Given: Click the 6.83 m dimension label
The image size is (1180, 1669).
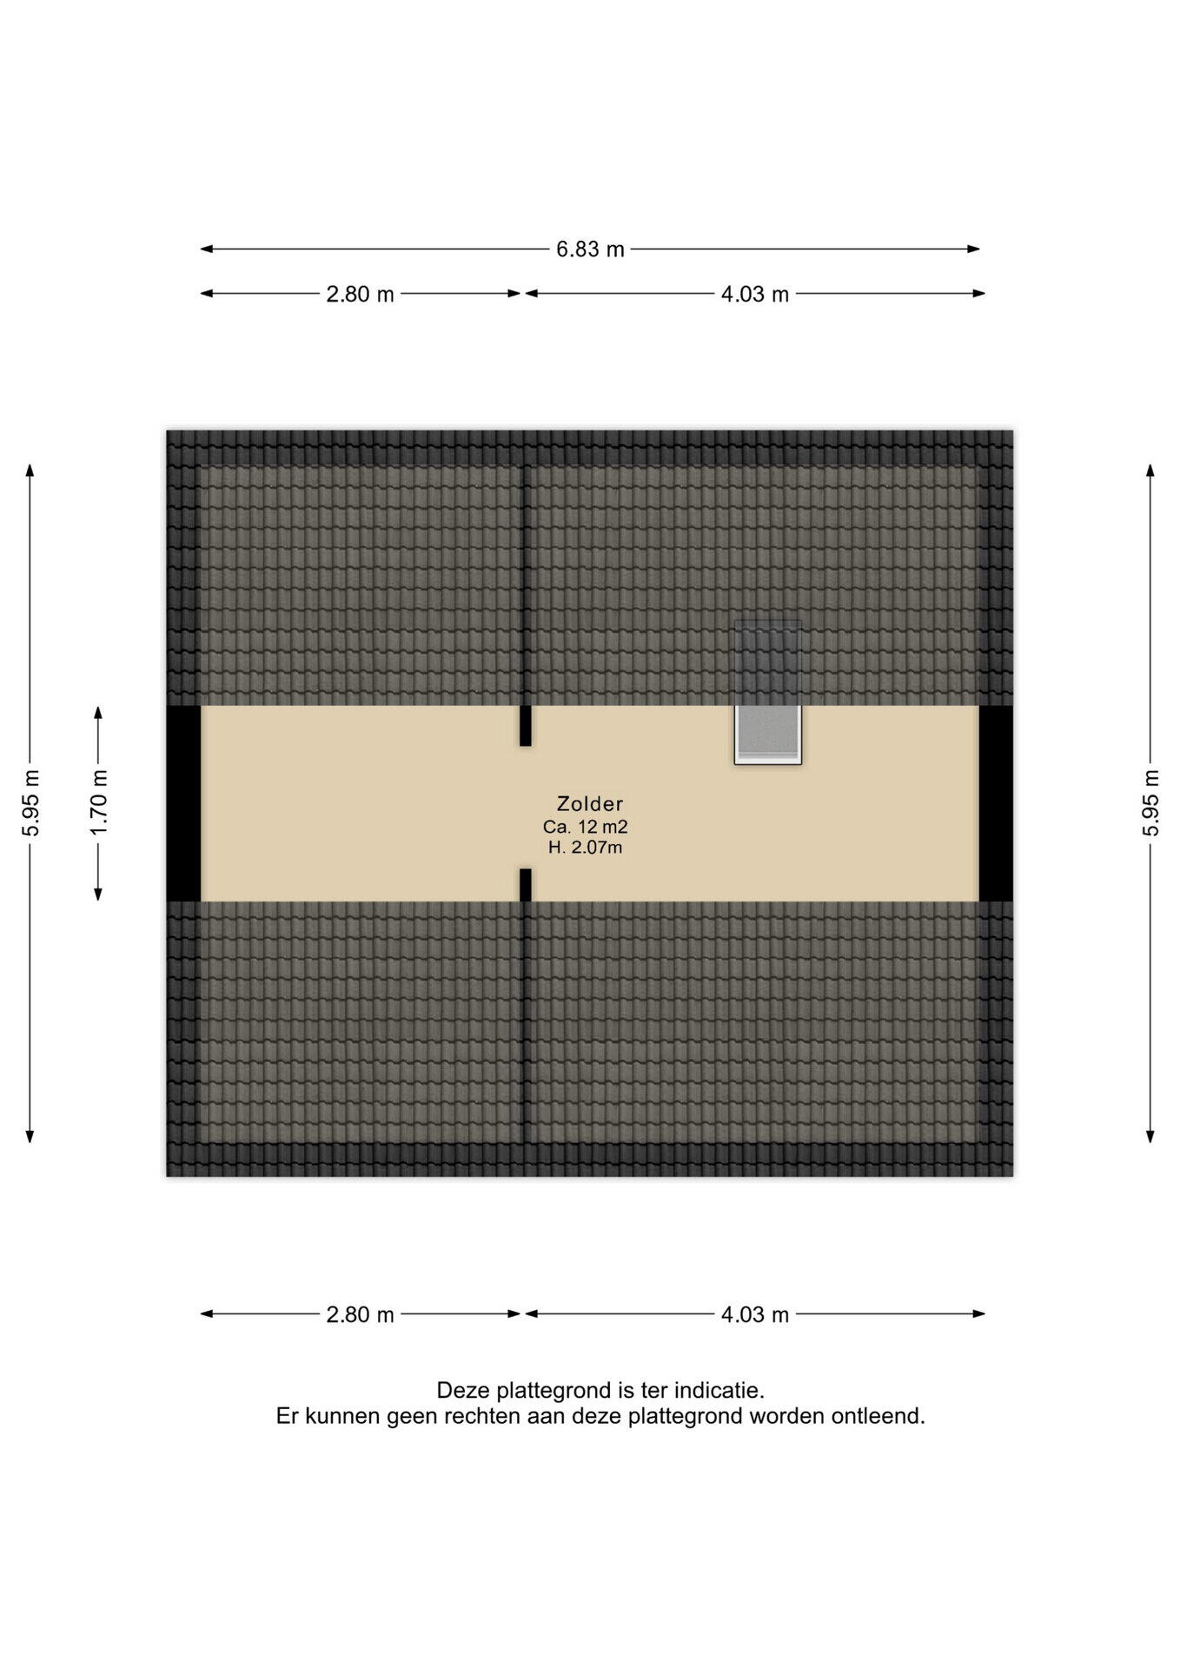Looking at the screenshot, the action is coord(590,249).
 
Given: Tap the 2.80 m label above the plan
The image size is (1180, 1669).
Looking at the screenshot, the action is coord(360,295).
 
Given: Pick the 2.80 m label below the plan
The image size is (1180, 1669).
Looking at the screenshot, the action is coord(360,1314).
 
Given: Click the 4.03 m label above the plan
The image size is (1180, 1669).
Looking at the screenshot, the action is coord(754,295).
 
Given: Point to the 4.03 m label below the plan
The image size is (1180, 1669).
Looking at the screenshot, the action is coord(754,1314).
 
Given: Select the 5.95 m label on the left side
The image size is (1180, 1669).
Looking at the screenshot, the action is coord(30,802).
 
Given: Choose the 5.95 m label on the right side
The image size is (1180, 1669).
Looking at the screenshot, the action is coord(1150,802).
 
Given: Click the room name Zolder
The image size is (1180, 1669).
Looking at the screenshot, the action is coord(590,804).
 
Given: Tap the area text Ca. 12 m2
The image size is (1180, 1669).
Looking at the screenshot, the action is coord(585,827).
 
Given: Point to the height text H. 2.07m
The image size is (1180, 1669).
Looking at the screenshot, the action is coord(585,848).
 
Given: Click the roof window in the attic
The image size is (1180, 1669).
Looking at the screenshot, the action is coord(767,692).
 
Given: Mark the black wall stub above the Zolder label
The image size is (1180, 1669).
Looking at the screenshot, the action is coord(525,725).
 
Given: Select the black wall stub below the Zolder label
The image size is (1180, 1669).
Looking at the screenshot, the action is coord(525,885).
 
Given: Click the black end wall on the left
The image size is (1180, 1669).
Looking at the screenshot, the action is coord(183,803).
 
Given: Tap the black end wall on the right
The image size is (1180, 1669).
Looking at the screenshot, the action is coord(996,803).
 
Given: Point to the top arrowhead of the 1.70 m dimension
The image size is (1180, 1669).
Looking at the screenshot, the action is coord(98,712).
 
